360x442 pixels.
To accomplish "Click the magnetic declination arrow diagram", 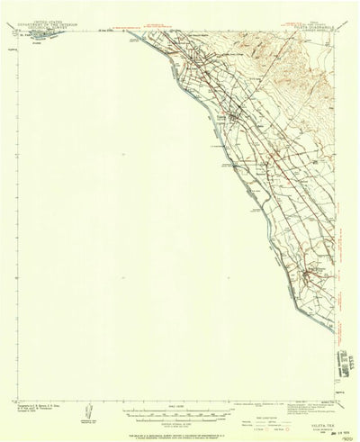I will point(86,410).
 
